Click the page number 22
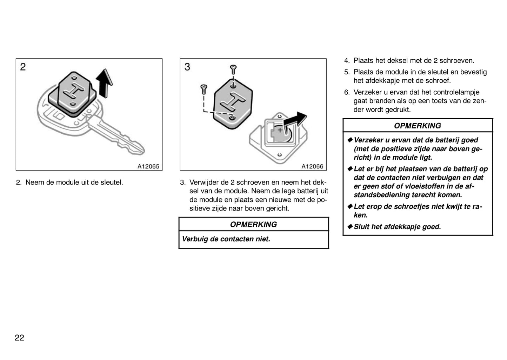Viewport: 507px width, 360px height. pos(19,338)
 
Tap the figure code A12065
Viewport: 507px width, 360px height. pos(148,166)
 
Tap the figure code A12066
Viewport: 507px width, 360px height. pos(312,166)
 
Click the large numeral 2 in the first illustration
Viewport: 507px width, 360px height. pos(23,67)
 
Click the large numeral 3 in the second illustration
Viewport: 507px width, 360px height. pos(187,67)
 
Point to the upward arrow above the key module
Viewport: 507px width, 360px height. pos(105,83)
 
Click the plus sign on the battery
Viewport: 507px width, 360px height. pos(280,131)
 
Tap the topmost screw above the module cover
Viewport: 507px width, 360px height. pos(233,69)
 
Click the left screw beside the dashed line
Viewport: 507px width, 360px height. pos(204,89)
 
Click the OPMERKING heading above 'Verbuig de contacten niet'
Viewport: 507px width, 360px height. pos(253,225)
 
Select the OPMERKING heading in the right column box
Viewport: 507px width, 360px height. pos(417,126)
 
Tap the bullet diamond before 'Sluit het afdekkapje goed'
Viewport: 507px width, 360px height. pos(350,227)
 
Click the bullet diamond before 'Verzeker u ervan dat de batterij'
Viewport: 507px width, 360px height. pos(350,140)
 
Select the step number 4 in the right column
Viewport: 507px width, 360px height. pos(347,61)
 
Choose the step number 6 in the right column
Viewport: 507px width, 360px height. pos(347,92)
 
